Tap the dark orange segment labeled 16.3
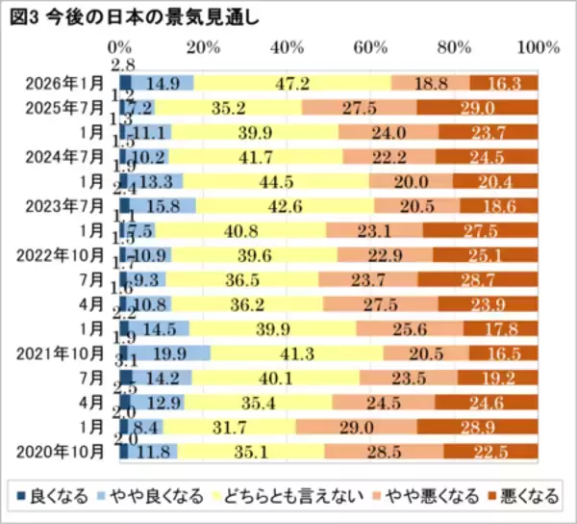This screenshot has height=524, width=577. [x=503, y=84]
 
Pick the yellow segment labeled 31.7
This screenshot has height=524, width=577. [x=230, y=426]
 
